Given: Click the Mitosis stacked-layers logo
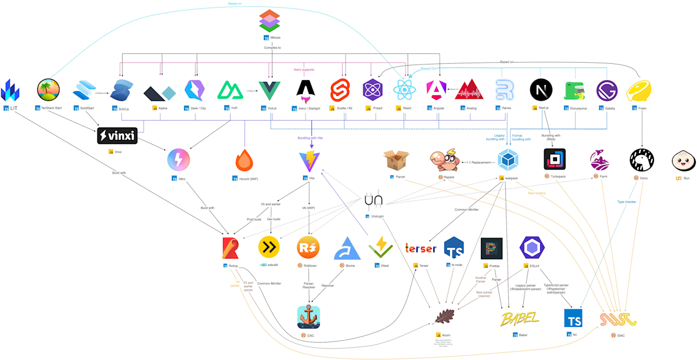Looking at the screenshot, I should tap(270, 20).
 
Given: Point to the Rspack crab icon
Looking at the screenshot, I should tap(445, 160).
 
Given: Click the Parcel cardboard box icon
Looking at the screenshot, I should tap(397, 160).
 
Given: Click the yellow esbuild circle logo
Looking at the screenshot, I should tap(269, 247).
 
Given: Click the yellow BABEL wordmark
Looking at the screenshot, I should tap(519, 318).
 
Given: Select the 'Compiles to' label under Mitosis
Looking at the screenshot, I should tap(272, 48).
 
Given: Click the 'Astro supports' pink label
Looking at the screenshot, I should tap(303, 70).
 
